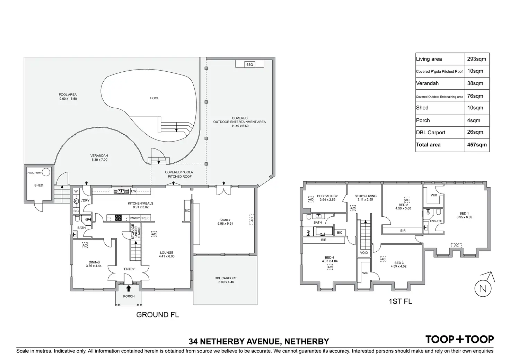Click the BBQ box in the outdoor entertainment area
pyautogui.click(x=249, y=65)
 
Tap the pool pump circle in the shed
pyautogui.click(x=46, y=172)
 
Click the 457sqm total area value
pyautogui.click(x=477, y=145)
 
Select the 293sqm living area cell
pyautogui.click(x=476, y=59)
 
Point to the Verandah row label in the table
pyautogui.click(x=427, y=83)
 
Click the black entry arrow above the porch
pyautogui.click(x=129, y=288)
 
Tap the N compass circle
pyautogui.click(x=483, y=289)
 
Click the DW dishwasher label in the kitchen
pyautogui.click(x=134, y=191)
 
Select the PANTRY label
pyautogui.click(x=135, y=218)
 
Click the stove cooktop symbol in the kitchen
pyautogui.click(x=118, y=218)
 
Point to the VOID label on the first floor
pyautogui.click(x=364, y=253)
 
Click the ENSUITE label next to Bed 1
pyautogui.click(x=436, y=221)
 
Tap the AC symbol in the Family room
pyautogui.click(x=252, y=219)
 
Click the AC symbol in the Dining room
pyautogui.click(x=85, y=245)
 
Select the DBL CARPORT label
pyautogui.click(x=226, y=278)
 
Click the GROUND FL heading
pyautogui.click(x=158, y=315)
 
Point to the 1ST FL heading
pyautogui.click(x=400, y=301)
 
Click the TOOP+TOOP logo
pyautogui.click(x=459, y=339)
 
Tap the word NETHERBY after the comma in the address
pyautogui.click(x=307, y=342)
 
